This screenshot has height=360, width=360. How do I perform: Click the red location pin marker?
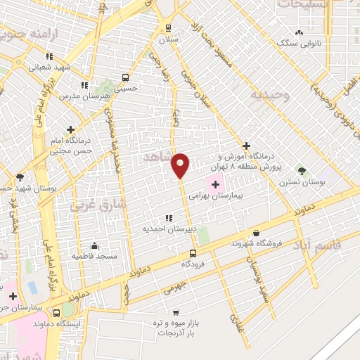(x=181, y=165)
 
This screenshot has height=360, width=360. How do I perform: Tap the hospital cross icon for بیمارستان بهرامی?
(x=214, y=184)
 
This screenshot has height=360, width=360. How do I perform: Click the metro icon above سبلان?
(x=167, y=27)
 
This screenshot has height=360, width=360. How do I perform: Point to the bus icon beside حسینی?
(x=125, y=77)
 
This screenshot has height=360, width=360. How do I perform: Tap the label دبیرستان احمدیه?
(x=167, y=229)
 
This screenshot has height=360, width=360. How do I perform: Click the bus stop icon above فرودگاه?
(x=193, y=253)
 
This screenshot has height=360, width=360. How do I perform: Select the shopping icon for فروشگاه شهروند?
(x=256, y=233)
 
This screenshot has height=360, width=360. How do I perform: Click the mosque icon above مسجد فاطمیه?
(x=94, y=245)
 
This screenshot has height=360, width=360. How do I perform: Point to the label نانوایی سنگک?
(x=299, y=43)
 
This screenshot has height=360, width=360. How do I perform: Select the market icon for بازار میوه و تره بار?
(x=175, y=312)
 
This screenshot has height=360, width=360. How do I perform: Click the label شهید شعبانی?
(x=49, y=67)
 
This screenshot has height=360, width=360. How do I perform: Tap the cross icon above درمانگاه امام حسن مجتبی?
(x=70, y=129)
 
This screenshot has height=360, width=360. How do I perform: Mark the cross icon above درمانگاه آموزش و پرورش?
(x=246, y=145)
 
